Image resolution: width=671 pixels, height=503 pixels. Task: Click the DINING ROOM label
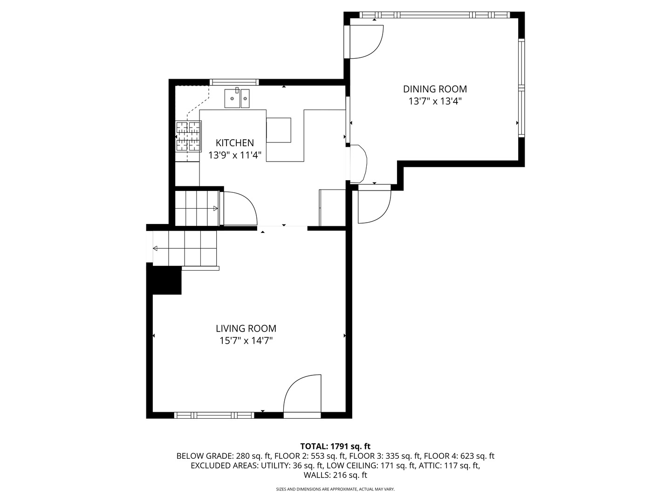435,89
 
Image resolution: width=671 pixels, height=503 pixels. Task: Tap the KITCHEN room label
234,143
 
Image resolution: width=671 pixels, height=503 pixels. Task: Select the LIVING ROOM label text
246,328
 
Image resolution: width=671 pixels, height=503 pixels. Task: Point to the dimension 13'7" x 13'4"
435,101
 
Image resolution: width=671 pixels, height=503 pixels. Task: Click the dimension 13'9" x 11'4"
234,155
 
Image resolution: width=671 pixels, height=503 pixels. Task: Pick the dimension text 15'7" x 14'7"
246,340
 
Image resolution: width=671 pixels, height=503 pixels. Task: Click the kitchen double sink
237,99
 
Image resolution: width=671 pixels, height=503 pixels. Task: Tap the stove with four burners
188,136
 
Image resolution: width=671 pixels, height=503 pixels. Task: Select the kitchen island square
279,130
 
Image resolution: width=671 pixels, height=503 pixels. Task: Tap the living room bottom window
214,415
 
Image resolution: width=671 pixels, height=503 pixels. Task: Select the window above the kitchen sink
234,82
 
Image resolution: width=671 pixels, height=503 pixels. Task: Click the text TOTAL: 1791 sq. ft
335,446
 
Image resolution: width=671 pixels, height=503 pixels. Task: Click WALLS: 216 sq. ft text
335,475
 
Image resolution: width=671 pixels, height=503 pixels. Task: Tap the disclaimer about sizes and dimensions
335,489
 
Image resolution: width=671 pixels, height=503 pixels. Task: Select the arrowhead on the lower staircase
156,249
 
